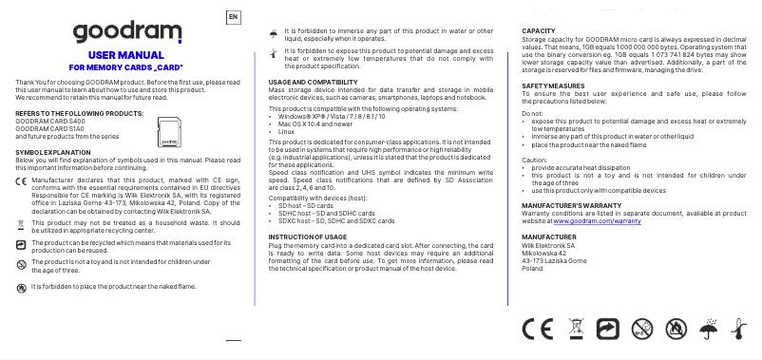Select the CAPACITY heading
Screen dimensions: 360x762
(x=539, y=31)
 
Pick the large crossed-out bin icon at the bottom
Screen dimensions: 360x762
(x=575, y=330)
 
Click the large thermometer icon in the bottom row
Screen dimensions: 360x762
(x=737, y=330)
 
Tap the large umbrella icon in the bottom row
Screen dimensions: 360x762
(x=706, y=330)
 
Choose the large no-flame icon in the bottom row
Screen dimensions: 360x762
(x=674, y=330)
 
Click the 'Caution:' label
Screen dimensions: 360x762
(x=536, y=161)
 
